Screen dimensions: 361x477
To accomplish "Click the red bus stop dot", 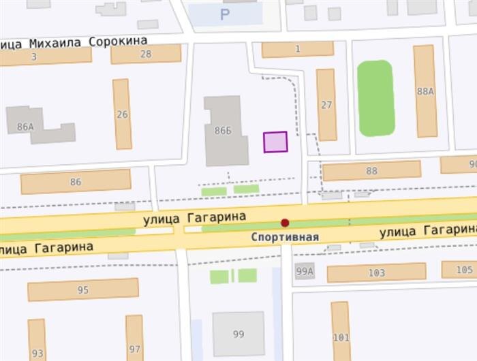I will point(285,223).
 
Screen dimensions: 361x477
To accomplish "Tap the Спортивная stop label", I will point(285,237).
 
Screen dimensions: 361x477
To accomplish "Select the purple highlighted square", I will point(275,142).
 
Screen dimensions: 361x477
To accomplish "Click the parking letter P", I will point(224,14).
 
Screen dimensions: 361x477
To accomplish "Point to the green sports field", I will point(376,98).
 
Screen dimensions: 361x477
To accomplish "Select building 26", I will point(122,114).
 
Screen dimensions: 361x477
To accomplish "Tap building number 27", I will point(326,104).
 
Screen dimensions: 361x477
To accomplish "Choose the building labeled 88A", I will point(425,91).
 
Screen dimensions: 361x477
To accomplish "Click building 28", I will point(146,54).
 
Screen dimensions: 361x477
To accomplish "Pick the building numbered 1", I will point(297,49).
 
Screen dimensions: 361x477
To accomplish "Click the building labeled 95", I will point(83,289).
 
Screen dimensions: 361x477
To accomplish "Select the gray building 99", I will point(238,334).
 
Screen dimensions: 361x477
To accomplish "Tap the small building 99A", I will point(305,271).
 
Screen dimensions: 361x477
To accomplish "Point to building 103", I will point(376,272).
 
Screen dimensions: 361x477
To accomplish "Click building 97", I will point(135,339).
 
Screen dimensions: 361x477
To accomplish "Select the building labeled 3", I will point(34,57).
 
